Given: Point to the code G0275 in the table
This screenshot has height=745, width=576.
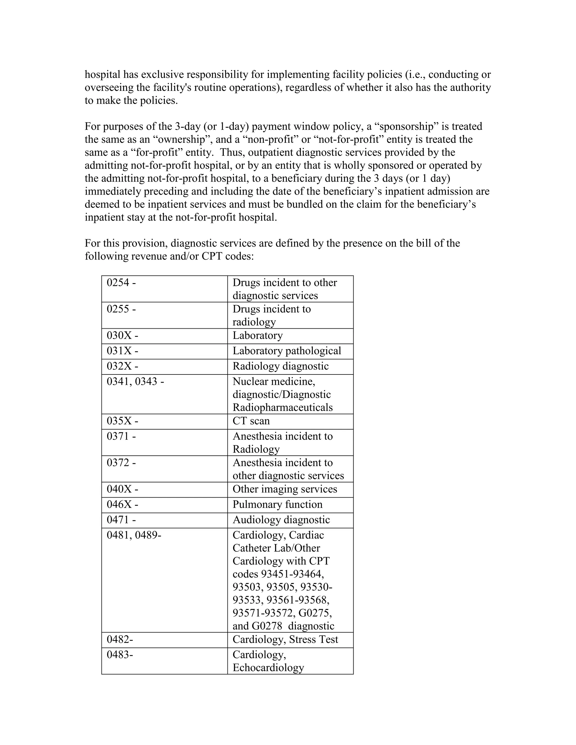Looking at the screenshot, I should tap(315, 613).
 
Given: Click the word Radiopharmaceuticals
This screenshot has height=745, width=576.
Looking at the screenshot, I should tap(283, 408).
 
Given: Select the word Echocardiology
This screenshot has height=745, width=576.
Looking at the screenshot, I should tap(268, 668).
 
